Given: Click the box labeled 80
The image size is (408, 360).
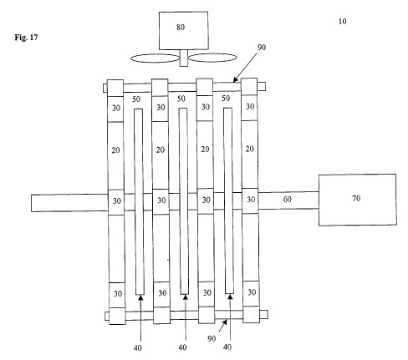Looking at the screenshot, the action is click(x=183, y=31).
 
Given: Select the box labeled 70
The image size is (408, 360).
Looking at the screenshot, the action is click(x=358, y=200).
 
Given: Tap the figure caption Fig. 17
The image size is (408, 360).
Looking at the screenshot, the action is click(x=26, y=38).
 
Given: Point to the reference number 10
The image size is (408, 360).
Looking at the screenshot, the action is click(x=342, y=22).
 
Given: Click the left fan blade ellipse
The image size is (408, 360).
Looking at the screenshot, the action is click(x=156, y=58).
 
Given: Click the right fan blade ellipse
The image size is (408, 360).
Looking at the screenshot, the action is click(x=212, y=58).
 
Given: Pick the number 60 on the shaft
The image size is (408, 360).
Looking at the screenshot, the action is click(x=288, y=199).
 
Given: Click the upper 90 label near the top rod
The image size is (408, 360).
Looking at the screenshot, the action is click(x=262, y=48).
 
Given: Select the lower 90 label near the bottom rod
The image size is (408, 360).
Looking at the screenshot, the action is click(x=212, y=338).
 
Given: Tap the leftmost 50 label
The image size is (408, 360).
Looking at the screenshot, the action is click(x=136, y=99).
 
